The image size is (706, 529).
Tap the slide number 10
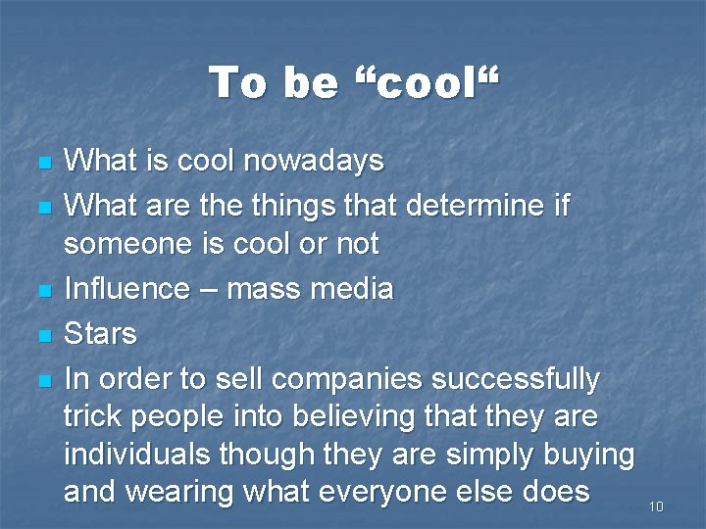tap(656, 506)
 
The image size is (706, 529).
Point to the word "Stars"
tap(100, 334)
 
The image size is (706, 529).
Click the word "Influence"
tap(126, 289)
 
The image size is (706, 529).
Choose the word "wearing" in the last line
tap(182, 491)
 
